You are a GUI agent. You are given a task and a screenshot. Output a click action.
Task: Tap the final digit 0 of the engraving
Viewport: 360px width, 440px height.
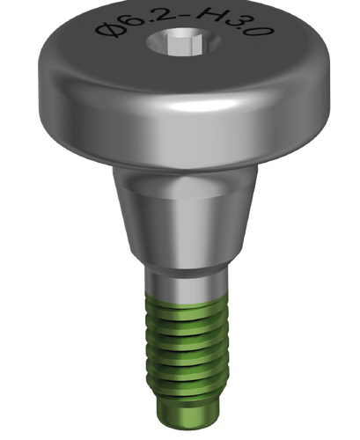click(x=261, y=32)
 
